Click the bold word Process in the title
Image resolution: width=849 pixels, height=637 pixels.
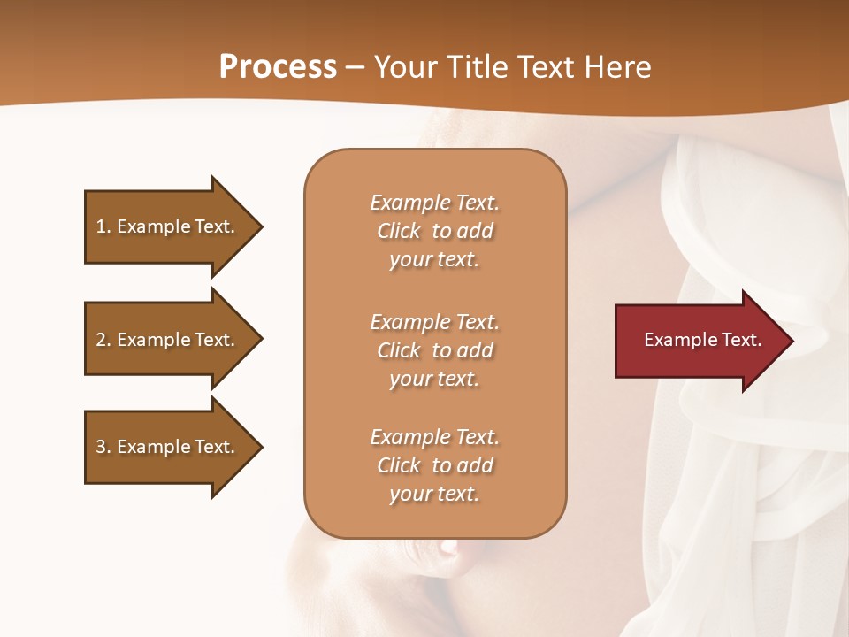click(278, 67)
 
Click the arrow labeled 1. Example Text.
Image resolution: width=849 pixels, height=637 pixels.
click(168, 226)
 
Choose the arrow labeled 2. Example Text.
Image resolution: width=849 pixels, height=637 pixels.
click(168, 340)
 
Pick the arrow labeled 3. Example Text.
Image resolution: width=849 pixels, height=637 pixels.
click(168, 447)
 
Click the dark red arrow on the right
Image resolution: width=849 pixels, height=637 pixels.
click(699, 341)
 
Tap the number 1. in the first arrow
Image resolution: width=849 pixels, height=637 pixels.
click(103, 226)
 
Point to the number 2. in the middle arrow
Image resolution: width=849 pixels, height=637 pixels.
click(103, 340)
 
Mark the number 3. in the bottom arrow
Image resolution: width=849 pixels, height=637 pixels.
click(103, 447)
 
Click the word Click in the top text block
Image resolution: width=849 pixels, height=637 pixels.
click(399, 231)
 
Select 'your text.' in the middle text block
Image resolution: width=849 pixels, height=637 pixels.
click(434, 379)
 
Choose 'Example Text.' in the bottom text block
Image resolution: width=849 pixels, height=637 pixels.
click(434, 437)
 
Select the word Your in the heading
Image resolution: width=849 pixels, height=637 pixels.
click(402, 67)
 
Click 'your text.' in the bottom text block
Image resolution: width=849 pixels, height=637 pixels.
click(434, 494)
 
